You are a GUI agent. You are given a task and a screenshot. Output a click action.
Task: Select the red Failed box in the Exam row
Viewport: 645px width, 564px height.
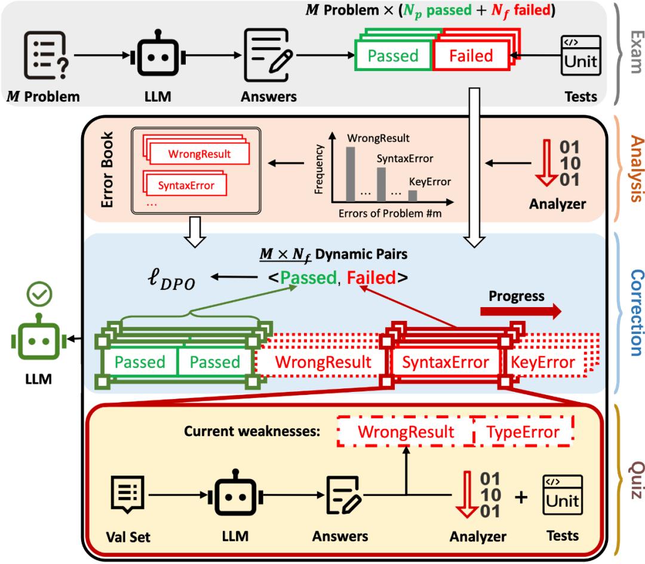(471, 56)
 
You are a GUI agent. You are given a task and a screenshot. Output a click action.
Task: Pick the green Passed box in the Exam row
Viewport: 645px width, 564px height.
(392, 56)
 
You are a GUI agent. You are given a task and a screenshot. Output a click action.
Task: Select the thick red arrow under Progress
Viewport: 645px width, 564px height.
(520, 311)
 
